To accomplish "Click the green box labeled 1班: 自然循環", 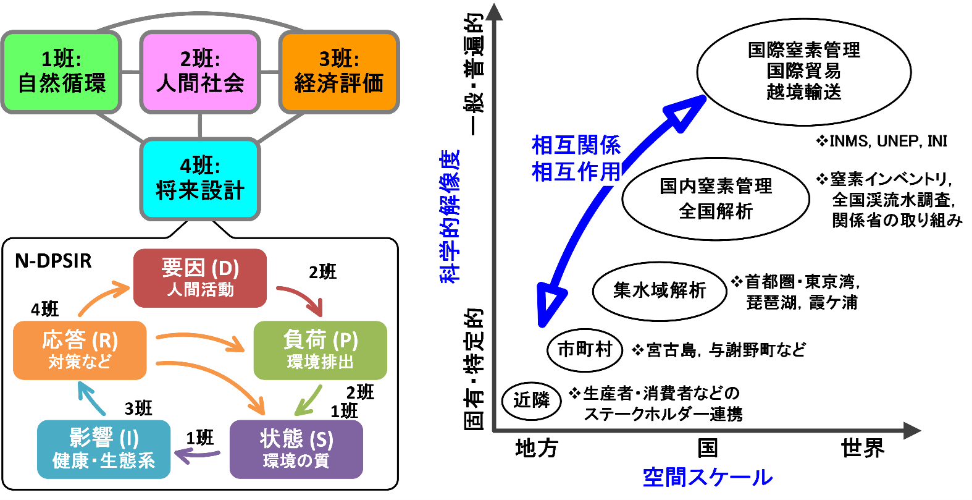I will (61, 72).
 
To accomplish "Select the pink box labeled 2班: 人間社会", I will (200, 72).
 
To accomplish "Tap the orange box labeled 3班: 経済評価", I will (339, 72).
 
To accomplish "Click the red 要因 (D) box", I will (200, 278).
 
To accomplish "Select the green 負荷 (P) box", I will (320, 350).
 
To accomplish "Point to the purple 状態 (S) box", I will (296, 449).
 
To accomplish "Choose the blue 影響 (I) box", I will (103, 449).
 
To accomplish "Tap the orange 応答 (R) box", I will (80, 350).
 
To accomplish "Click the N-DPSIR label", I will (53, 261).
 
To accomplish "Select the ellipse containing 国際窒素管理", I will (803, 72).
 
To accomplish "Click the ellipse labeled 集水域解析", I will (660, 290).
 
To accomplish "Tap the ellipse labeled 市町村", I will (584, 350).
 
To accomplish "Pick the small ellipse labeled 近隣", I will (531, 400).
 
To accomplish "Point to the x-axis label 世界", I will (862, 448).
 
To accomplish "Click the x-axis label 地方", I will (536, 448).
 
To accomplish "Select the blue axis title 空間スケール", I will (708, 477).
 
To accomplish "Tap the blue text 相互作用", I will (576, 172).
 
